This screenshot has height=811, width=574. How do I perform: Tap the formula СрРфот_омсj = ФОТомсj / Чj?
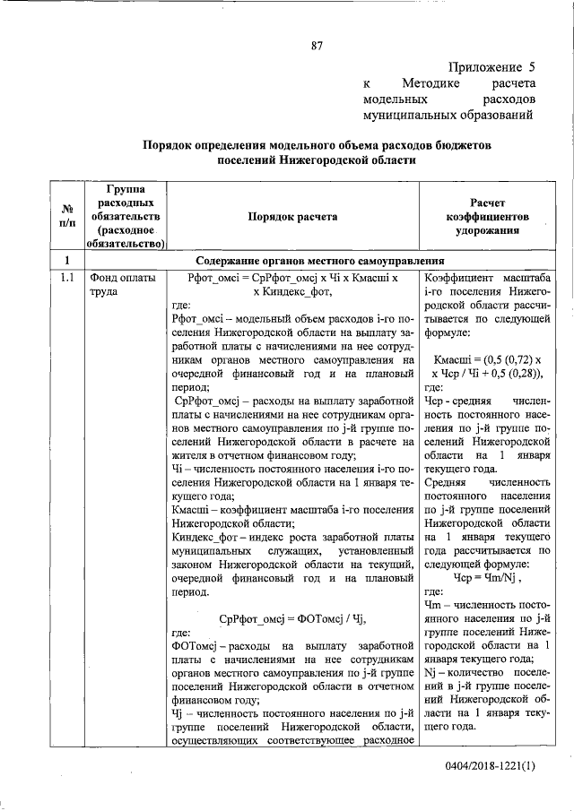coord(293,619)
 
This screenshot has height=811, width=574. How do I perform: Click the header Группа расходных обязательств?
coord(126,216)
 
